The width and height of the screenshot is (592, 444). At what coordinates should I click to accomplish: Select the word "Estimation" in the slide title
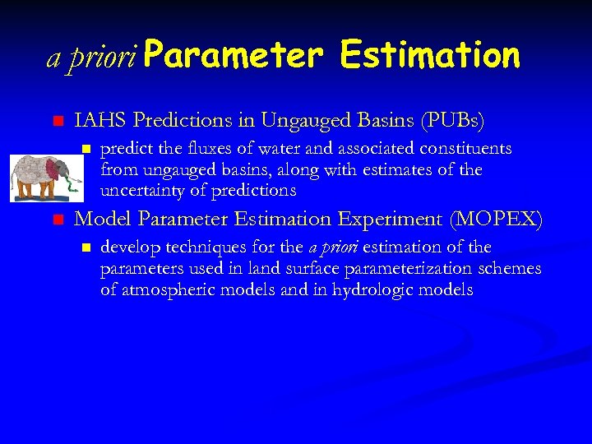tap(429, 55)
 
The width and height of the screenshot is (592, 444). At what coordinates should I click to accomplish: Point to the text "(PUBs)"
tap(452, 121)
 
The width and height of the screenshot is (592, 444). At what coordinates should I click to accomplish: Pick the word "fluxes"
tap(208, 150)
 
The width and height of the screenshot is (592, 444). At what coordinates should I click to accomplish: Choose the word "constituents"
tap(462, 150)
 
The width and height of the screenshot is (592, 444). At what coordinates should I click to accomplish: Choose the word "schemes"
tap(511, 269)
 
